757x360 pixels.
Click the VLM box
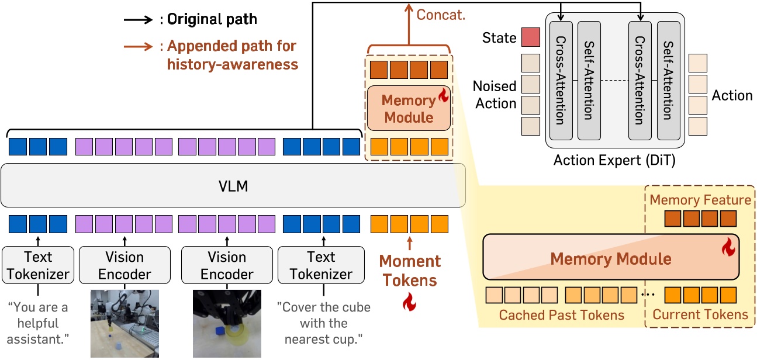click(x=233, y=185)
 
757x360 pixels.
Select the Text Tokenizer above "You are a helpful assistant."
click(x=38, y=265)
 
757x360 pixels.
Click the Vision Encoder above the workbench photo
click(x=125, y=265)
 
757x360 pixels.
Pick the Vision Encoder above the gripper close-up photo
click(x=227, y=265)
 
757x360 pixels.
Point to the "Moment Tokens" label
click(x=410, y=271)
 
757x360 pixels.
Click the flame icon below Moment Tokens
click(x=410, y=303)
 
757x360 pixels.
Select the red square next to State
click(x=531, y=37)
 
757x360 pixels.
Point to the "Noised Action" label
click(x=495, y=95)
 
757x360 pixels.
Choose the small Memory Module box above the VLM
click(x=409, y=109)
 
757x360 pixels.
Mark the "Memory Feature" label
click(x=700, y=200)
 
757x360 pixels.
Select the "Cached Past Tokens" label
click(x=561, y=315)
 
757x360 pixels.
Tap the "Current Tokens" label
click(x=700, y=315)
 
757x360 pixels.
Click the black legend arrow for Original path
click(x=138, y=19)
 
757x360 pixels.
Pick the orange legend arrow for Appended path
click(x=138, y=46)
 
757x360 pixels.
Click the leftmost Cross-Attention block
click(x=561, y=81)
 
